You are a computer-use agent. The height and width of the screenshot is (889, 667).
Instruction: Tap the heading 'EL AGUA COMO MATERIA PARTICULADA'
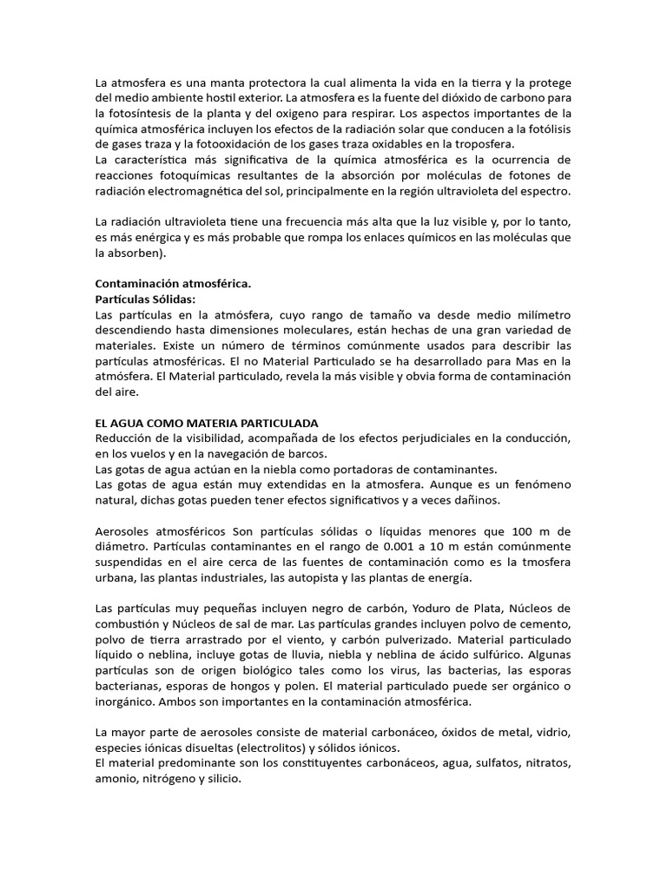[207, 422]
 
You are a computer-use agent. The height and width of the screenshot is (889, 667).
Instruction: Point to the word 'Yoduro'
[390, 608]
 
